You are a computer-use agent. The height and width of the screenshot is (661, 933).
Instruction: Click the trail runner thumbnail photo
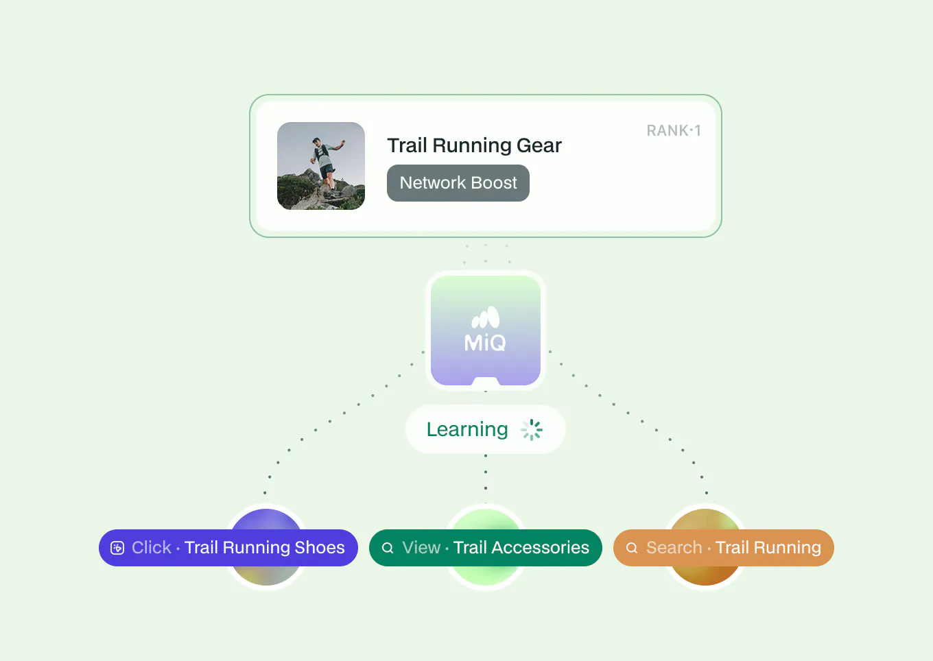pyautogui.click(x=321, y=166)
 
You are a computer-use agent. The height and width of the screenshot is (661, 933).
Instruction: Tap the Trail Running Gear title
pyautogui.click(x=474, y=145)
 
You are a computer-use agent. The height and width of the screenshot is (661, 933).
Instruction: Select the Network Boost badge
pyautogui.click(x=458, y=183)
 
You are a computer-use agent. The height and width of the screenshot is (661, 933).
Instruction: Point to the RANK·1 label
pyautogui.click(x=674, y=130)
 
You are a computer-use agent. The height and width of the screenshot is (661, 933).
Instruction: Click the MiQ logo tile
pyautogui.click(x=486, y=330)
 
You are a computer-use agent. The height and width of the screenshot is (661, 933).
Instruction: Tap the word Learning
pyautogui.click(x=467, y=429)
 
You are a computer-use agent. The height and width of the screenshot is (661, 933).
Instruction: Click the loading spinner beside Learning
pyautogui.click(x=532, y=430)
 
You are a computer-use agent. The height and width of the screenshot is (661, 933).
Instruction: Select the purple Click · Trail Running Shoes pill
pyautogui.click(x=228, y=548)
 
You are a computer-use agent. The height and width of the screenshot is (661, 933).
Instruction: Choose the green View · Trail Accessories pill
pyautogui.click(x=486, y=548)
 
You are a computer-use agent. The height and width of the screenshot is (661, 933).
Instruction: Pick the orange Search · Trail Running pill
pyautogui.click(x=724, y=548)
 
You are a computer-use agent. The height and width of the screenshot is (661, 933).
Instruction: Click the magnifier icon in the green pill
pyautogui.click(x=388, y=548)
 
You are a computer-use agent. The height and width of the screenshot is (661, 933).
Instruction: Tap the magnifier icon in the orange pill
pyautogui.click(x=632, y=548)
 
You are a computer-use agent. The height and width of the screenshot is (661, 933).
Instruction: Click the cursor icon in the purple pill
pyautogui.click(x=117, y=548)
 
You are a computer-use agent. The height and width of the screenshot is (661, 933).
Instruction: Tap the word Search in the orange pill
pyautogui.click(x=674, y=548)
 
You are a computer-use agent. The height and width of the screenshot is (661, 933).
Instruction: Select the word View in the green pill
pyautogui.click(x=421, y=548)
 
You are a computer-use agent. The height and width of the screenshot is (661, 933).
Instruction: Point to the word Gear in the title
pyautogui.click(x=539, y=145)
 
